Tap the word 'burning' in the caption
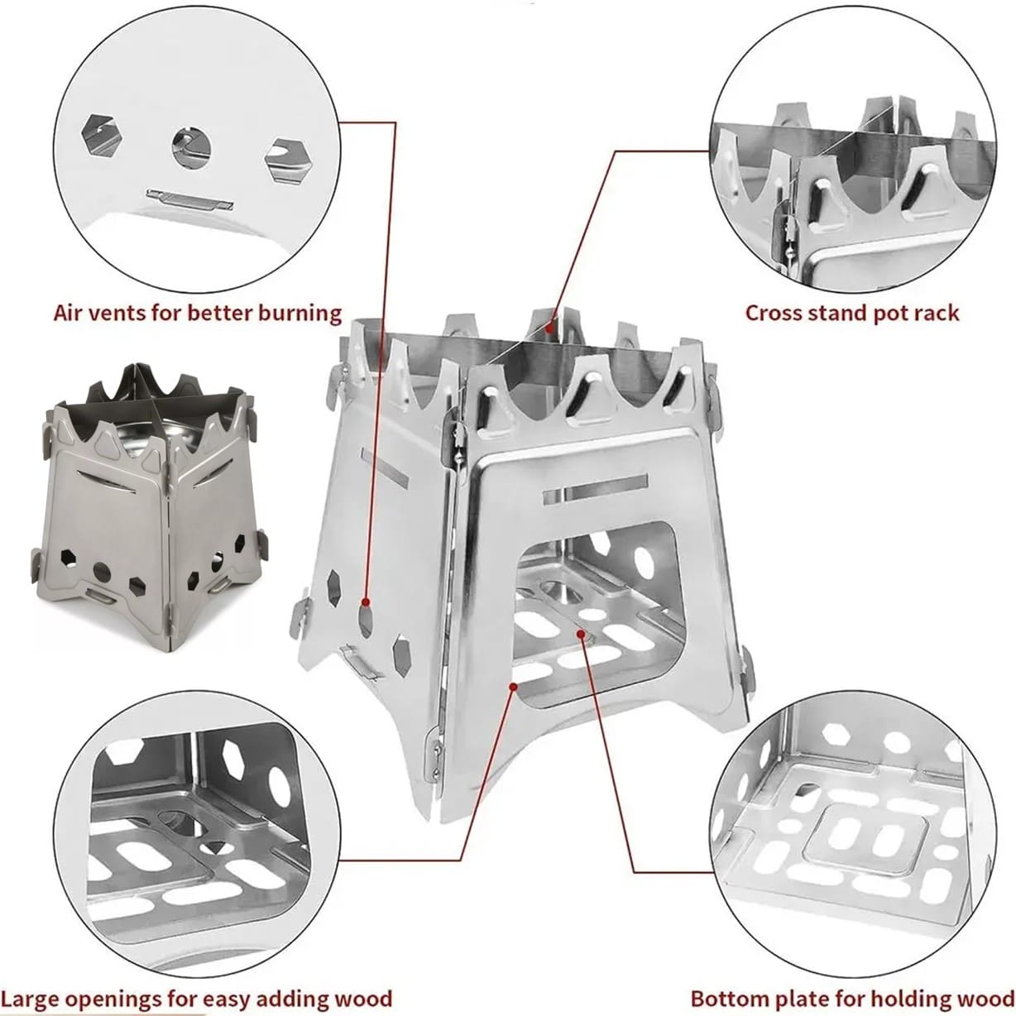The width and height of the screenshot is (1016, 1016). (300, 314)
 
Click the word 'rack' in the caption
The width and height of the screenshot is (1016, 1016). (935, 314)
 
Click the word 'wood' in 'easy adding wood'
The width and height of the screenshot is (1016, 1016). (364, 984)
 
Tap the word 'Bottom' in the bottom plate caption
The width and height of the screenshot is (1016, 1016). (724, 984)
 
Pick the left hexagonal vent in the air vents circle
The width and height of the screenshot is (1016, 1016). (103, 135)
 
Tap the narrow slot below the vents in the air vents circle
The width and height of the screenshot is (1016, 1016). (189, 200)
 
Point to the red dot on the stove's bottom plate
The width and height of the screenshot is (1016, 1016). (581, 633)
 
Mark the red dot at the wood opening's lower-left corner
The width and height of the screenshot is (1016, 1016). (512, 687)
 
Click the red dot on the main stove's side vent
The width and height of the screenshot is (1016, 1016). (367, 602)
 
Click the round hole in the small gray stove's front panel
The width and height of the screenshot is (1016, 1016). (102, 572)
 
